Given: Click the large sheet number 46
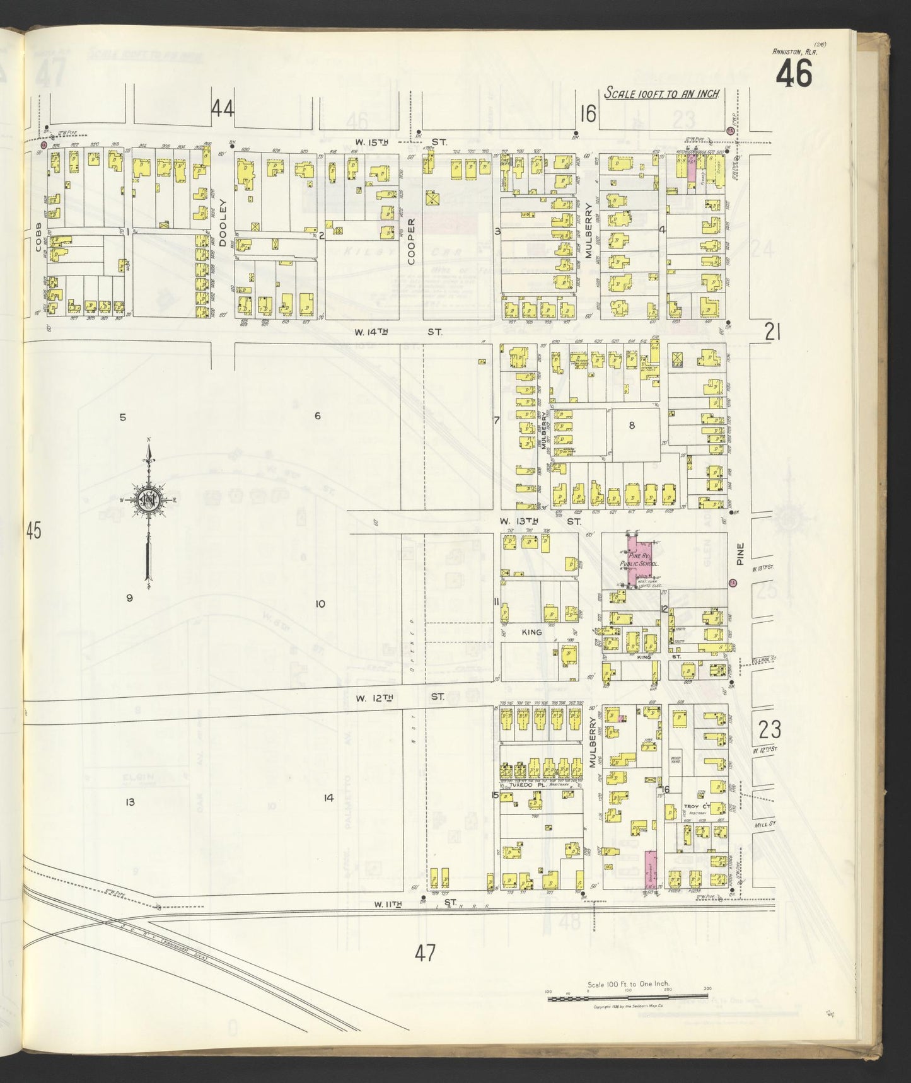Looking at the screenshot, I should pyautogui.click(x=794, y=76).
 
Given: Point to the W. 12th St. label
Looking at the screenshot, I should pyautogui.click(x=400, y=697).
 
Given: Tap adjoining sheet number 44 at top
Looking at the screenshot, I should pyautogui.click(x=223, y=110).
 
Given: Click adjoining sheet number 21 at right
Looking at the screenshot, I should pyautogui.click(x=772, y=332).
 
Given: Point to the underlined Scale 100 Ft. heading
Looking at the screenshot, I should pyautogui.click(x=661, y=93).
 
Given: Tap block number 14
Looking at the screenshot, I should pyautogui.click(x=328, y=797).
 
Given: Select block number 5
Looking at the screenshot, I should pyautogui.click(x=123, y=417).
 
